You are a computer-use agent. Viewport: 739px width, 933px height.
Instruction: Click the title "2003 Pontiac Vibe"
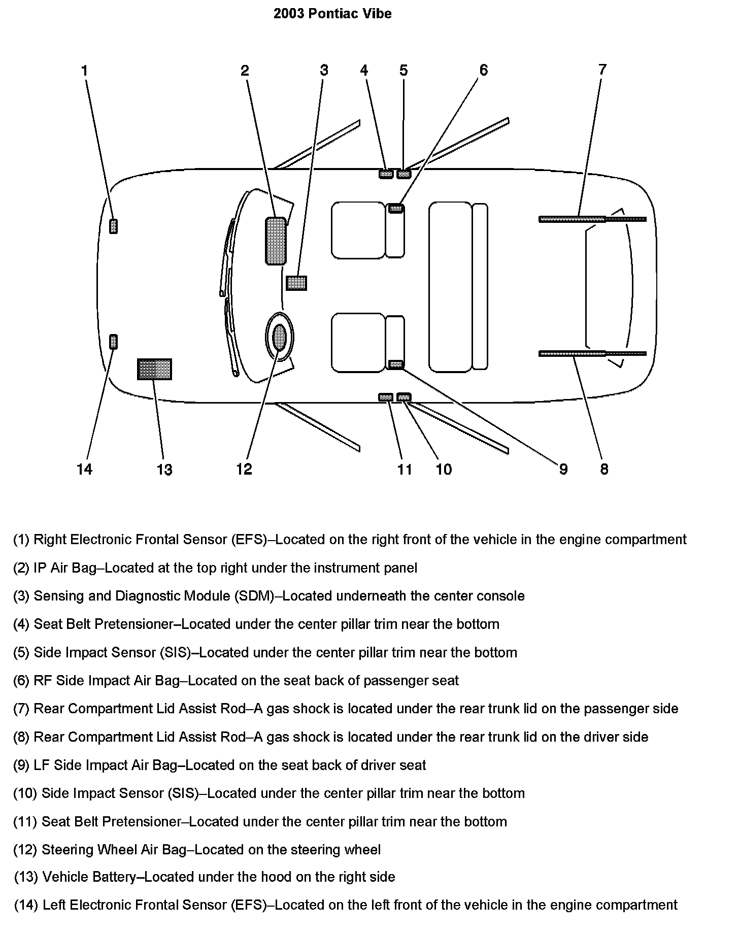(x=332, y=14)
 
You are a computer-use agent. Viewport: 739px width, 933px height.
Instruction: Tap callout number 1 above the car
(x=85, y=71)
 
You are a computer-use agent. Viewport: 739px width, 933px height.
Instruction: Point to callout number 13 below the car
(x=164, y=470)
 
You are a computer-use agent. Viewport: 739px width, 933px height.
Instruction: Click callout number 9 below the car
(x=563, y=469)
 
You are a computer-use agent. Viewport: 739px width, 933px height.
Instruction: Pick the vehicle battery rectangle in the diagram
(x=154, y=369)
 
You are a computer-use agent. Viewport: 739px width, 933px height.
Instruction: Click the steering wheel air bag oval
(x=280, y=337)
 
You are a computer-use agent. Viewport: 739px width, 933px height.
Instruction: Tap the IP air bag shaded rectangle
(x=276, y=241)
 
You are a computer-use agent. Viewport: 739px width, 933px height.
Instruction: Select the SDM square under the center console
(x=296, y=283)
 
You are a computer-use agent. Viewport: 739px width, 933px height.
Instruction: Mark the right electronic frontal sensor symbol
(x=114, y=226)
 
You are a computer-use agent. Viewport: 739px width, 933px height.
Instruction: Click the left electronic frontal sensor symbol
(x=114, y=342)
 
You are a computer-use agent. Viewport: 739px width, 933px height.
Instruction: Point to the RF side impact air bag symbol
(x=396, y=208)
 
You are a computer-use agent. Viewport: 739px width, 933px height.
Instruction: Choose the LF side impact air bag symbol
(x=396, y=364)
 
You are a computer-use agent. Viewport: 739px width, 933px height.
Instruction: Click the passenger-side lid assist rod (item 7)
(x=572, y=219)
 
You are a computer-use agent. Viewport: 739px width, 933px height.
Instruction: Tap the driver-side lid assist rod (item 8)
(x=572, y=353)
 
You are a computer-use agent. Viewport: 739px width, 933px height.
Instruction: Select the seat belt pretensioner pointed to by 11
(x=386, y=397)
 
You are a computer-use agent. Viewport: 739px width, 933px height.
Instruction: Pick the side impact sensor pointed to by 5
(x=404, y=174)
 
